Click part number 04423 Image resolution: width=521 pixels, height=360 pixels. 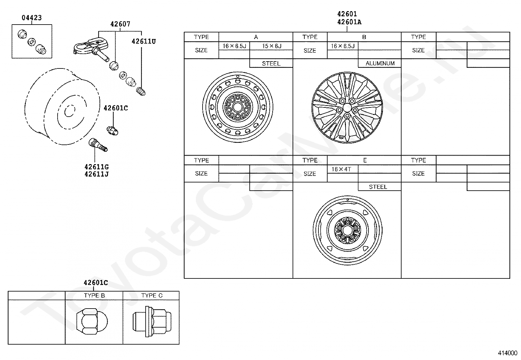32,18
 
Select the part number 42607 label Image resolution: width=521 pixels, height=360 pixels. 120,24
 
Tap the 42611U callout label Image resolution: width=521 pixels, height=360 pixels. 144,42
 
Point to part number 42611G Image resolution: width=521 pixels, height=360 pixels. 97,167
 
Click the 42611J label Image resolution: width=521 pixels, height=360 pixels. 97,174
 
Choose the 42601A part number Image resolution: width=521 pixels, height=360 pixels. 349,22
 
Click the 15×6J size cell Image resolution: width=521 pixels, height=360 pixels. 272,46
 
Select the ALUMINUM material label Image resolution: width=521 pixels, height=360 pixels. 380,63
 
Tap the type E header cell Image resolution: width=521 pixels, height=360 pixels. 365,160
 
